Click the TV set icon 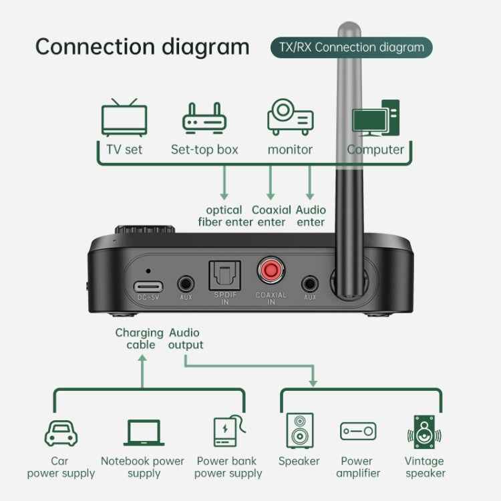pos(124,118)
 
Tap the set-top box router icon pos(204,118)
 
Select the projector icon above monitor pos(290,118)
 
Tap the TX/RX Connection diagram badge pos(351,47)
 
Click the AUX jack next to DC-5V pos(186,283)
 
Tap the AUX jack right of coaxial pos(309,283)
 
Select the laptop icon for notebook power pos(144,433)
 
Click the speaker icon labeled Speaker pos(299,431)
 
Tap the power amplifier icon pos(357,432)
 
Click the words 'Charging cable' pos(139,339)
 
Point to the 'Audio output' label pos(185,339)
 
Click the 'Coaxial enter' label pos(271,216)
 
